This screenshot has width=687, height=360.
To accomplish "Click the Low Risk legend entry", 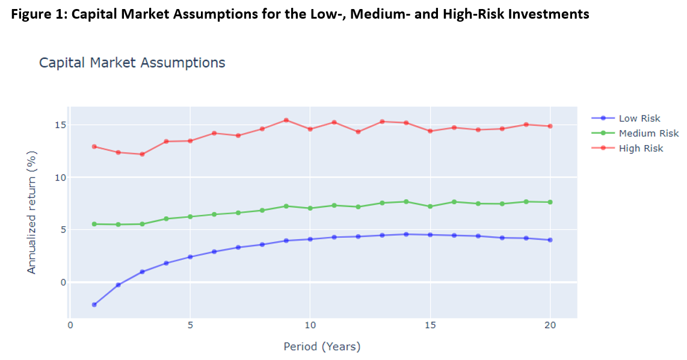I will click(639, 119).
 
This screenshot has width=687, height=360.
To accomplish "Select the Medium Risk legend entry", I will click(648, 133).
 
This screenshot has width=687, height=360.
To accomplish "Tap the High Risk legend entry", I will click(641, 148).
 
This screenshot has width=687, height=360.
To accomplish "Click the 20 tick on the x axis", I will click(550, 326).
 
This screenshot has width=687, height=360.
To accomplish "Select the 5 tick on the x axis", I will click(190, 326).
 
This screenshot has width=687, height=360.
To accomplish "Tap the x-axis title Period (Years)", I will click(322, 347).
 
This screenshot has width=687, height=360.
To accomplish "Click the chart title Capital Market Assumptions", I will click(132, 63).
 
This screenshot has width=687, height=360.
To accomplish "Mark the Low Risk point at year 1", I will click(94, 305).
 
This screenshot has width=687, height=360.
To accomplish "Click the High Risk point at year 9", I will click(286, 120).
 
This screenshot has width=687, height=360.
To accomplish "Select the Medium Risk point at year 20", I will click(550, 202).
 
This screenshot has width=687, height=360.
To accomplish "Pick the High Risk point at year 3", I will click(142, 154).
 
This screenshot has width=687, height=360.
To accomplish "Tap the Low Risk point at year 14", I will click(406, 234).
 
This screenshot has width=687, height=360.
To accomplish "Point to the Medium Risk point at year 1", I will click(94, 224).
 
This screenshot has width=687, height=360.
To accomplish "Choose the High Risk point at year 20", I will click(550, 126).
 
